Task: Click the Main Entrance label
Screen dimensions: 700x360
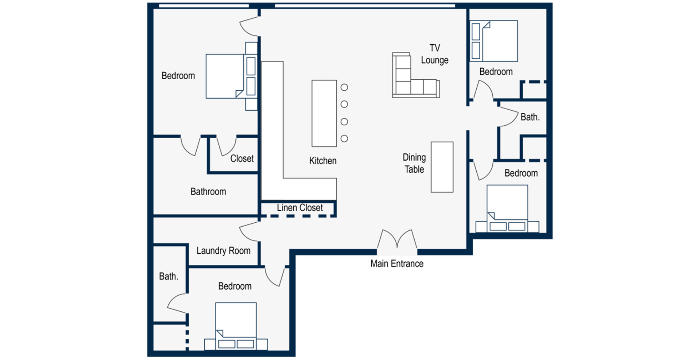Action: tap(397, 263)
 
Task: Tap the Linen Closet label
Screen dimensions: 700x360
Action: tap(299, 208)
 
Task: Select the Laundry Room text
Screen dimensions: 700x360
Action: tap(223, 251)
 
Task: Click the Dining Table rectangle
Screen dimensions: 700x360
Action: tap(442, 167)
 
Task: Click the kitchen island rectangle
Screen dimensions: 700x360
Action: tap(324, 113)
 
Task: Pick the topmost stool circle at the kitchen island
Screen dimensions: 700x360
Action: tap(344, 87)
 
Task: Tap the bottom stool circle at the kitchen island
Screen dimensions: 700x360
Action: tap(344, 138)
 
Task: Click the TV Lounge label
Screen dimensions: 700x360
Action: tap(435, 54)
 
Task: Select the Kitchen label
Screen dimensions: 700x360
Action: tap(323, 161)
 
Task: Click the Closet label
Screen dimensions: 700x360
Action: tap(242, 159)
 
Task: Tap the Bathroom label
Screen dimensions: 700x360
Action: tap(208, 191)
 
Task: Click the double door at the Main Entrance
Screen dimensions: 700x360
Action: tap(397, 240)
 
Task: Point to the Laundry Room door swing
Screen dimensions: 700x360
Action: tap(247, 232)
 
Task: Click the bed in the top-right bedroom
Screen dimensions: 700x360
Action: tap(494, 41)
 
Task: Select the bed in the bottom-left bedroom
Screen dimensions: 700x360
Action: tap(236, 326)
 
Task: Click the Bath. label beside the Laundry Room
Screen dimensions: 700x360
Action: tap(168, 276)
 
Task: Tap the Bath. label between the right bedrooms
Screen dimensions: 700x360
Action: tap(530, 117)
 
